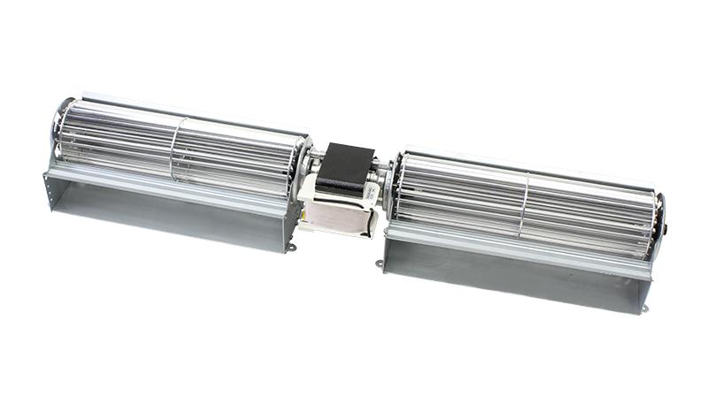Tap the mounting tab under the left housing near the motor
(290, 249)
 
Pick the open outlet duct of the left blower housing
(168, 208)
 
